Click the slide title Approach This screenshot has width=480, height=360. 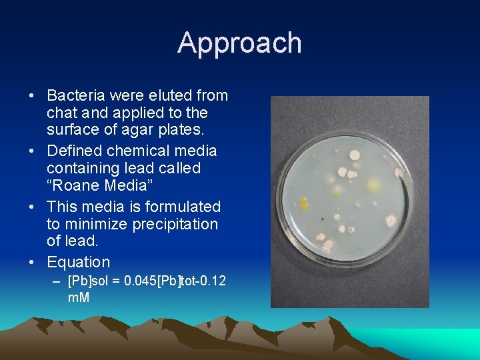(x=239, y=43)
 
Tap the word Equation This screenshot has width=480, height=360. (x=78, y=263)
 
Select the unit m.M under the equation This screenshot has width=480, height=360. (x=79, y=297)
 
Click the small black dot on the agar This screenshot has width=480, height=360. (x=323, y=219)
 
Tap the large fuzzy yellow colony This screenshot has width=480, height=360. (x=373, y=183)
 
